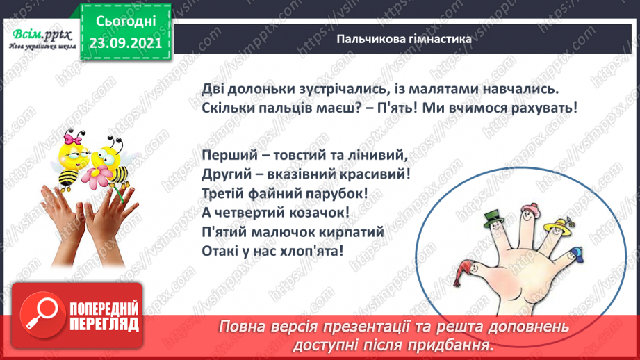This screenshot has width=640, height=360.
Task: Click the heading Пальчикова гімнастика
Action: pos(404,39)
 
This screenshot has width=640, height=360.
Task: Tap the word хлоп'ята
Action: pos(314,251)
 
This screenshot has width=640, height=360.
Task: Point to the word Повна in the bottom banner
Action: pos(244,327)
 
